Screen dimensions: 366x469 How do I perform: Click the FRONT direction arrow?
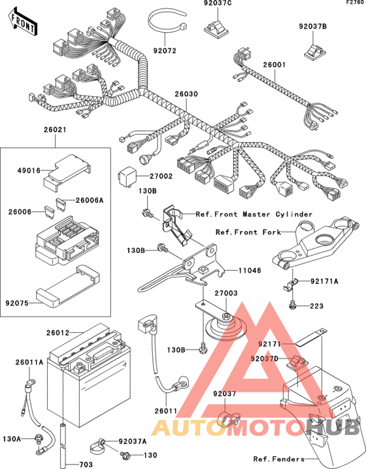[22, 22]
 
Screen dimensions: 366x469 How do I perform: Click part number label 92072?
[165, 50]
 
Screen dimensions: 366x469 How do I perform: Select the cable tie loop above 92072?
[167, 22]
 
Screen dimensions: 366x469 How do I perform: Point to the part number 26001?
[274, 65]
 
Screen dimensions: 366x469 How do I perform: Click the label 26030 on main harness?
[186, 94]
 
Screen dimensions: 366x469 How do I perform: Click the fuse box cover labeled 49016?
[67, 172]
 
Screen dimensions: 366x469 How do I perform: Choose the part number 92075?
[17, 304]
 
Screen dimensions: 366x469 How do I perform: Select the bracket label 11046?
[250, 270]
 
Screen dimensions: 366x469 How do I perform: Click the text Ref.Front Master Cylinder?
[254, 214]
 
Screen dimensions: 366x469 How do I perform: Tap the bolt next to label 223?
[293, 305]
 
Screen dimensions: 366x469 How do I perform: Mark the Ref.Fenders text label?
[278, 459]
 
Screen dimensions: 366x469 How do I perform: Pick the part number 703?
[86, 465]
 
